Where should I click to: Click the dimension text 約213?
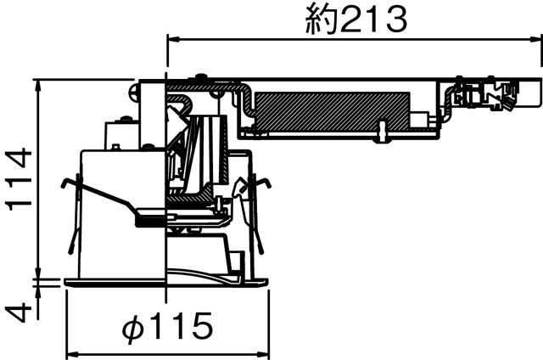(355, 19)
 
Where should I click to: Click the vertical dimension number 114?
(19, 181)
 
